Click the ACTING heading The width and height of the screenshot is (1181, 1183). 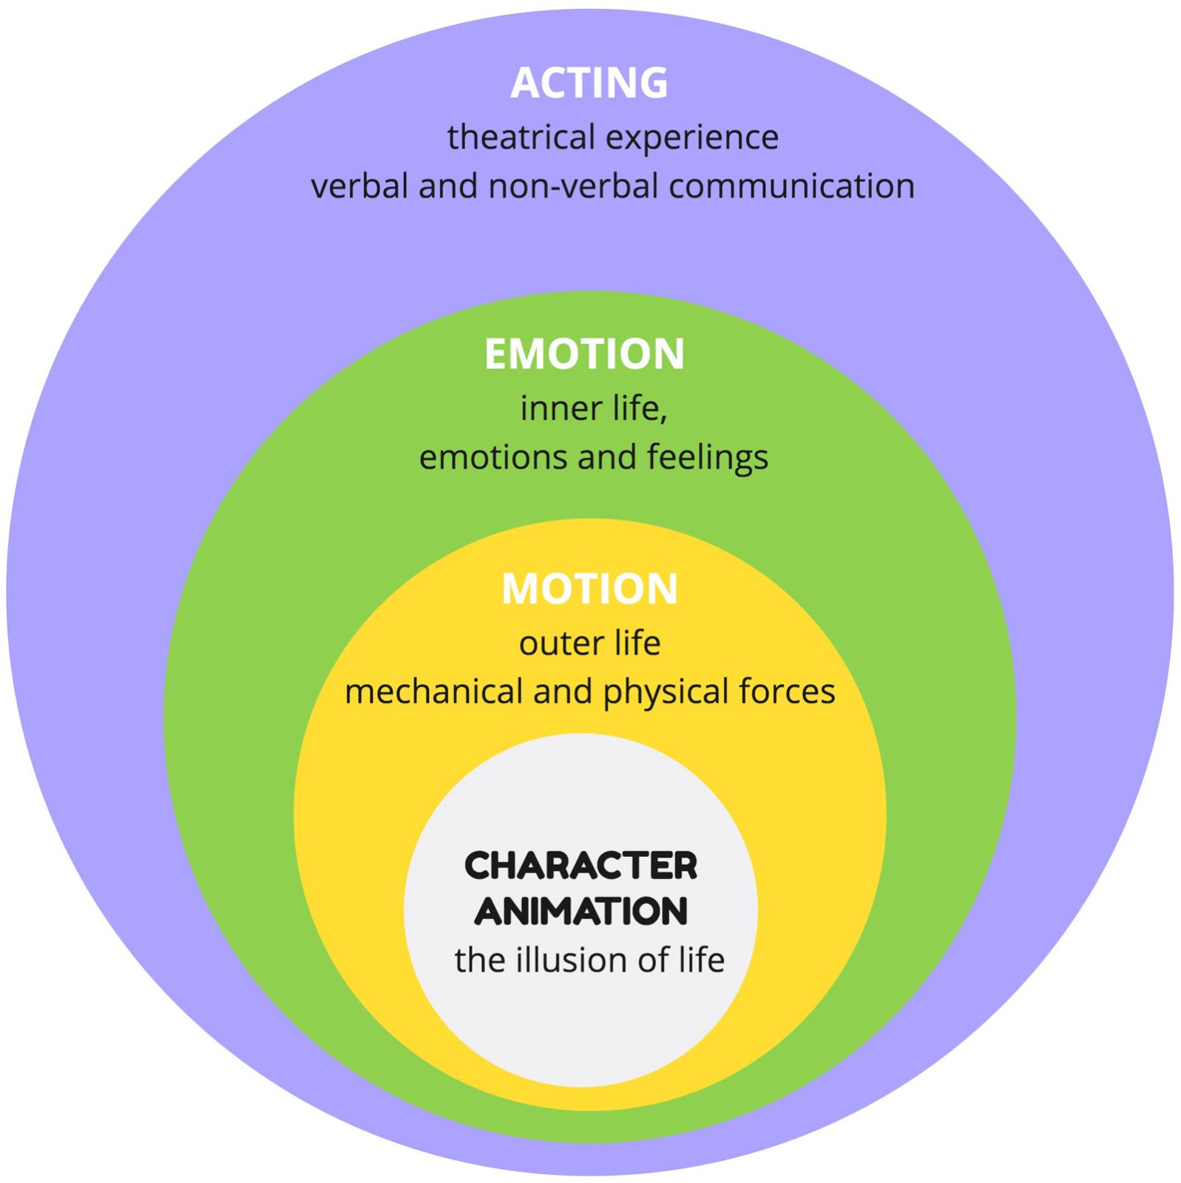[x=589, y=83]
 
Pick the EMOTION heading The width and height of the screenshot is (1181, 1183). [x=584, y=354]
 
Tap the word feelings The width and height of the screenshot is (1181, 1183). [x=708, y=458]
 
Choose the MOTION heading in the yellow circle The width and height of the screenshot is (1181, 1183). [x=589, y=589]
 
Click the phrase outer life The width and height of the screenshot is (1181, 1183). [x=589, y=643]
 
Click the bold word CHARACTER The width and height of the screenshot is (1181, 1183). [x=581, y=866]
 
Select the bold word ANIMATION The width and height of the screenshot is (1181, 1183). [x=581, y=911]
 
